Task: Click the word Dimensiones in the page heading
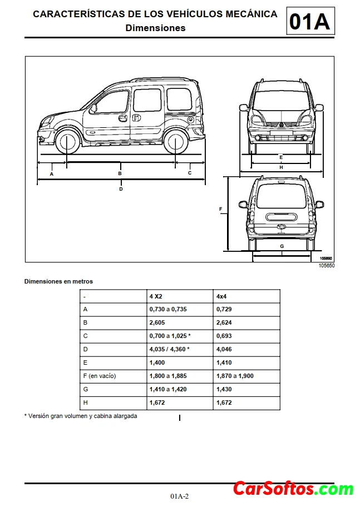pos(156,28)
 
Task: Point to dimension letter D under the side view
pos(121,188)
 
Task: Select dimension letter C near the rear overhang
pos(189,173)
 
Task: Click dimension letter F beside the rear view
pos(221,210)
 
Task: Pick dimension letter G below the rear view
pos(282,246)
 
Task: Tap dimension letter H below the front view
pos(281,167)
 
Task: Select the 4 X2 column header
pos(156,296)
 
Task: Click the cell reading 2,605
pos(158,322)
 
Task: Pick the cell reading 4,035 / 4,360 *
pos(169,349)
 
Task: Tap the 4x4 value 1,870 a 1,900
pos(234,376)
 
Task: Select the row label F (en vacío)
pos(99,376)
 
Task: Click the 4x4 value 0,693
pos(224,336)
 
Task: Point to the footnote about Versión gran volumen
pos(81,416)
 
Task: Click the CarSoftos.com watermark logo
pos(293,489)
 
